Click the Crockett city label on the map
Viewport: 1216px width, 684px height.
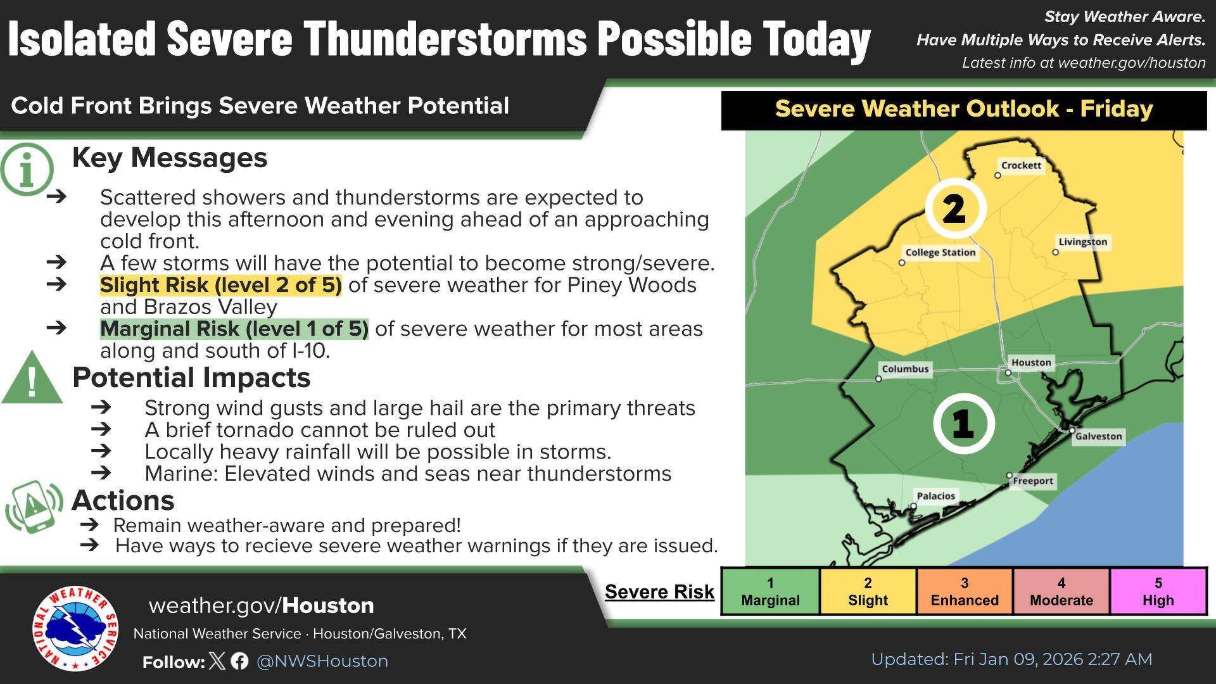click(x=1021, y=165)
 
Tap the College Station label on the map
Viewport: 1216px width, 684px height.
click(x=940, y=252)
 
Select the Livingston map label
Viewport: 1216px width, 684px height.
click(x=1082, y=242)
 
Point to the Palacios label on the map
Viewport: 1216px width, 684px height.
click(x=935, y=496)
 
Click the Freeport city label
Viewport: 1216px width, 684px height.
click(x=1032, y=481)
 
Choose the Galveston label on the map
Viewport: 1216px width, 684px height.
click(x=1098, y=436)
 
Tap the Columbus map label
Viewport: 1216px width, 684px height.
click(x=905, y=369)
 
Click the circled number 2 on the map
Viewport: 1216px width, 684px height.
click(x=954, y=208)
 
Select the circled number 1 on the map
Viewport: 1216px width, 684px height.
click(x=963, y=423)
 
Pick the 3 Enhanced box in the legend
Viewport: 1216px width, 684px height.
click(x=964, y=592)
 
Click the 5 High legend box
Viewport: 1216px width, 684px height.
click(x=1158, y=592)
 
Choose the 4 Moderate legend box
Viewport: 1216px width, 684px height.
click(x=1061, y=592)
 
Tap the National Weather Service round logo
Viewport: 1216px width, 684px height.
click(x=75, y=628)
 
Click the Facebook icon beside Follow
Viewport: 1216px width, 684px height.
click(x=239, y=661)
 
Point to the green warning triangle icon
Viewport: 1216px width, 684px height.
click(x=32, y=379)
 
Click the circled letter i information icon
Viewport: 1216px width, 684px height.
click(x=27, y=169)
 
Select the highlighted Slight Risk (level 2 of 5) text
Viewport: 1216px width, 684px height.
click(x=220, y=285)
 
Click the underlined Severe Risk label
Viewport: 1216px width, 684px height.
click(x=659, y=592)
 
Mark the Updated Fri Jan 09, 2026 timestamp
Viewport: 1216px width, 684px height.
click(x=1011, y=659)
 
